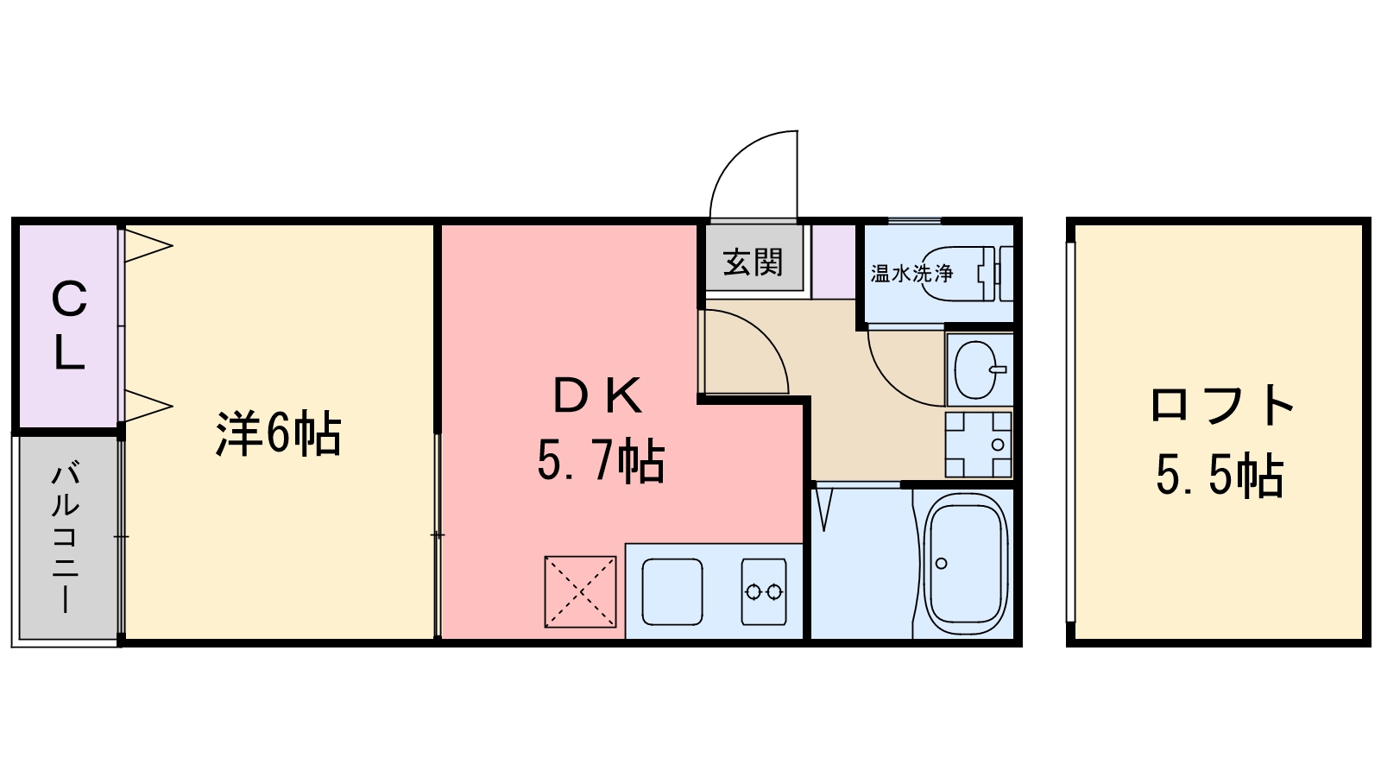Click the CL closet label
68,325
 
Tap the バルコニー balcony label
66,537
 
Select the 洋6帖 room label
278,434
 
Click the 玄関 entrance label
753,262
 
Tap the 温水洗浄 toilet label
911,275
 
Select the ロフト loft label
1222,405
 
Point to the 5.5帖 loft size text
1220,476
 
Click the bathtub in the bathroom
966,565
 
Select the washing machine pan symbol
978,445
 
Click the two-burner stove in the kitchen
764,591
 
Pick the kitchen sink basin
672,591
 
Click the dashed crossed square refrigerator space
580,591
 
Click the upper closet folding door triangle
147,245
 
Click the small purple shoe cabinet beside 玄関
832,261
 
